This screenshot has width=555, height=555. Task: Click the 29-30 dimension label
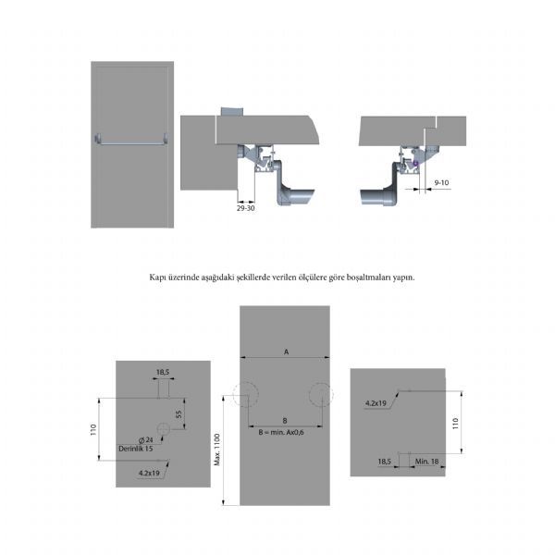[246, 208]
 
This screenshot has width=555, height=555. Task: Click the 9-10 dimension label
[441, 182]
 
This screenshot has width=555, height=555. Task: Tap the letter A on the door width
[287, 351]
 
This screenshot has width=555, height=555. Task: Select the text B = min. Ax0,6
[281, 432]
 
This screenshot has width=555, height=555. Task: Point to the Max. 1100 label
[217, 450]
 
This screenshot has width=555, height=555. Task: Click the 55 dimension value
[179, 414]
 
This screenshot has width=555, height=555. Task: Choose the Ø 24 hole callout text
[146, 440]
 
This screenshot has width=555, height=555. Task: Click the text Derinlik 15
[136, 449]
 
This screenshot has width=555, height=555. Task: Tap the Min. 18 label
[426, 462]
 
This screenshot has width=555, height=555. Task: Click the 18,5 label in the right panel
[385, 462]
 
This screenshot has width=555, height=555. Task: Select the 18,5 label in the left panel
[163, 372]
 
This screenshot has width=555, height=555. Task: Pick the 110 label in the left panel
[93, 429]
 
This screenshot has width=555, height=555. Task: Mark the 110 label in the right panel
[455, 424]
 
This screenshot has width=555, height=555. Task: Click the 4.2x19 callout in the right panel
[376, 402]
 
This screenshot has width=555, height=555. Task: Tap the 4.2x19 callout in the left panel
[149, 473]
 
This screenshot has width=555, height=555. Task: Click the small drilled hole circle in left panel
[164, 429]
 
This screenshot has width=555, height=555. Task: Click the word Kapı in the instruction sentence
[156, 277]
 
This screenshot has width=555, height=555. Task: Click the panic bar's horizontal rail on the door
[131, 143]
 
